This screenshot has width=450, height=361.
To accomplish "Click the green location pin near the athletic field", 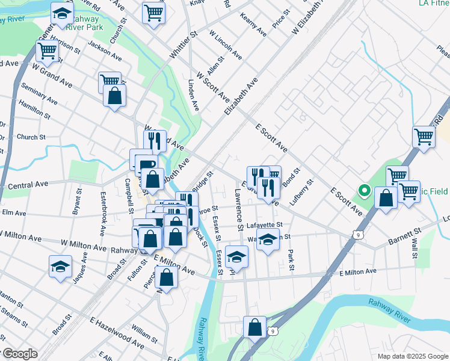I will (364, 191).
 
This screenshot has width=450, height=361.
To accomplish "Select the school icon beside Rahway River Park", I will (62, 14).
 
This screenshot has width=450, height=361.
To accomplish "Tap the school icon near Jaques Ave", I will (60, 267).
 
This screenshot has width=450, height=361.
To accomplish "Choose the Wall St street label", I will (415, 248).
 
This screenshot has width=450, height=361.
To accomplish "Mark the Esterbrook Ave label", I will (103, 206).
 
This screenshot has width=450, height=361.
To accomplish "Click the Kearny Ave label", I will (253, 24).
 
